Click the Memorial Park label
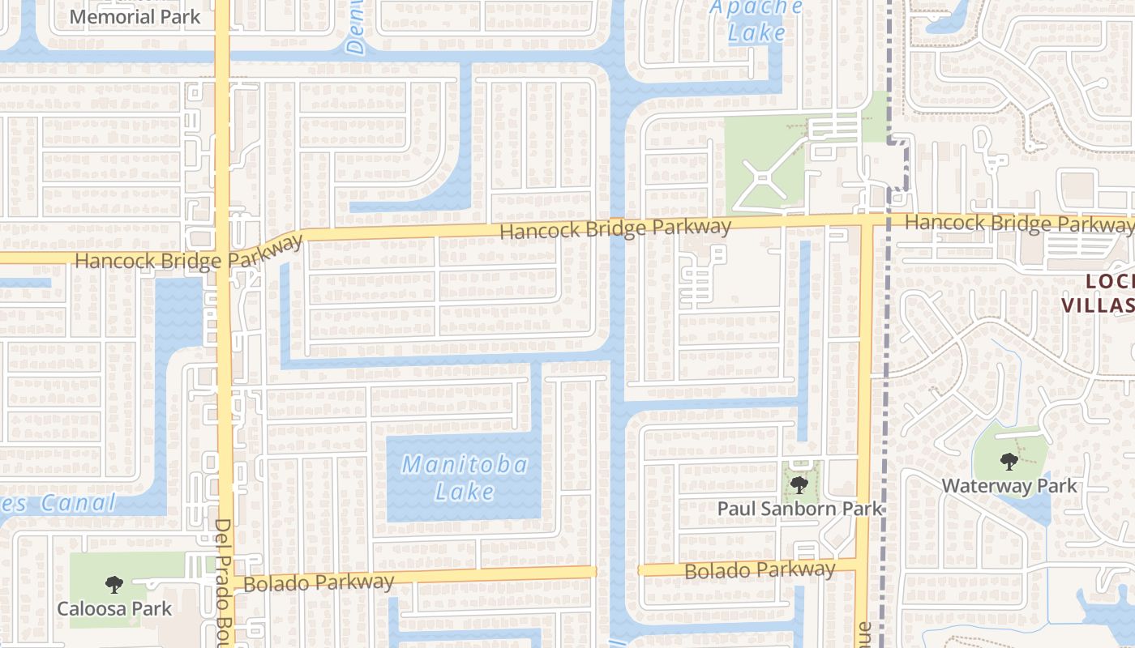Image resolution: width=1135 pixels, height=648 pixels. pos(135,16)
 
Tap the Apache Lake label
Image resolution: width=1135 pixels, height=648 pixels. pos(756,21)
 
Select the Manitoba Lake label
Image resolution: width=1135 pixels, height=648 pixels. pos(465,478)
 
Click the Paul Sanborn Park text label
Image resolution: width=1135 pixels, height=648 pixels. pos(799,509)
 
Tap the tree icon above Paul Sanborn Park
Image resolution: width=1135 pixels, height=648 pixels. pos(799,485)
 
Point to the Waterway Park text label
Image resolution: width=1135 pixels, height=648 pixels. pos(1009,486)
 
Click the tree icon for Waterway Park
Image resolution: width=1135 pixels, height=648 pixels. pos(1009,462)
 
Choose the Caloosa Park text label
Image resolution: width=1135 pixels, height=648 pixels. pos(114,608)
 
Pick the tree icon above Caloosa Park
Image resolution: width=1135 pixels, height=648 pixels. pos(113,584)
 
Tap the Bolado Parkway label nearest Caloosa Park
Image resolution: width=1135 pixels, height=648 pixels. pos(319,582)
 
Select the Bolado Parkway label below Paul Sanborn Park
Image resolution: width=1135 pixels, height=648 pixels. pos(760,570)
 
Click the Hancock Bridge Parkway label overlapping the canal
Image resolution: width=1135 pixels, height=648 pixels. pos(615,228)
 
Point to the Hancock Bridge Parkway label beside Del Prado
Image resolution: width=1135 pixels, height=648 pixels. pos(188,254)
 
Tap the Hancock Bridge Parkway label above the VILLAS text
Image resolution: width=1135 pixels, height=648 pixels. pos(1018,222)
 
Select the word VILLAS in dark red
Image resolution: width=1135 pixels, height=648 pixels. pos(1099,305)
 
